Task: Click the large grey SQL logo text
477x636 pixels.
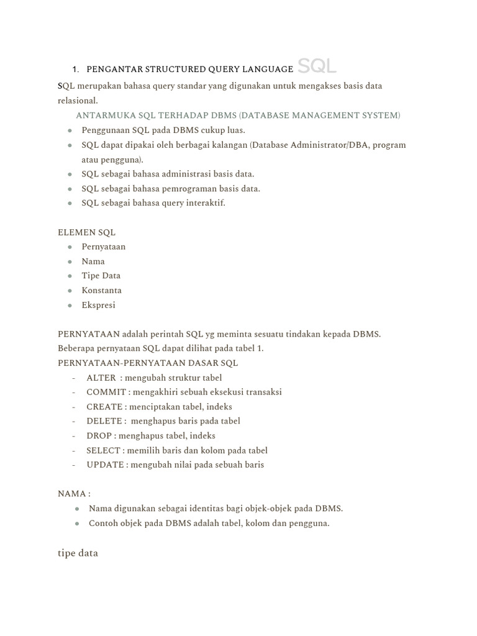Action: pos(317,65)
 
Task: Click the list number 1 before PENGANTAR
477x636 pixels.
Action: pos(75,70)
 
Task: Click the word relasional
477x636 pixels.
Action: pos(78,100)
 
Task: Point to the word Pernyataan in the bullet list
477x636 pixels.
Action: pos(104,247)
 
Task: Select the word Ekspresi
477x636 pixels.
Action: pos(99,305)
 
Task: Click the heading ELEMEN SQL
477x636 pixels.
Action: pos(86,232)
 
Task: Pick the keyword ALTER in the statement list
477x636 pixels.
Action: pos(101,378)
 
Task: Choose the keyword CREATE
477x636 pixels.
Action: pos(105,407)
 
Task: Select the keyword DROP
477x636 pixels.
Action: pos(100,435)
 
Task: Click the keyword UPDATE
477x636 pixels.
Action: pos(105,465)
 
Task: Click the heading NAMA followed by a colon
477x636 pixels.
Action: pos(74,494)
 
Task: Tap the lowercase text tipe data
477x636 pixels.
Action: pos(78,553)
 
